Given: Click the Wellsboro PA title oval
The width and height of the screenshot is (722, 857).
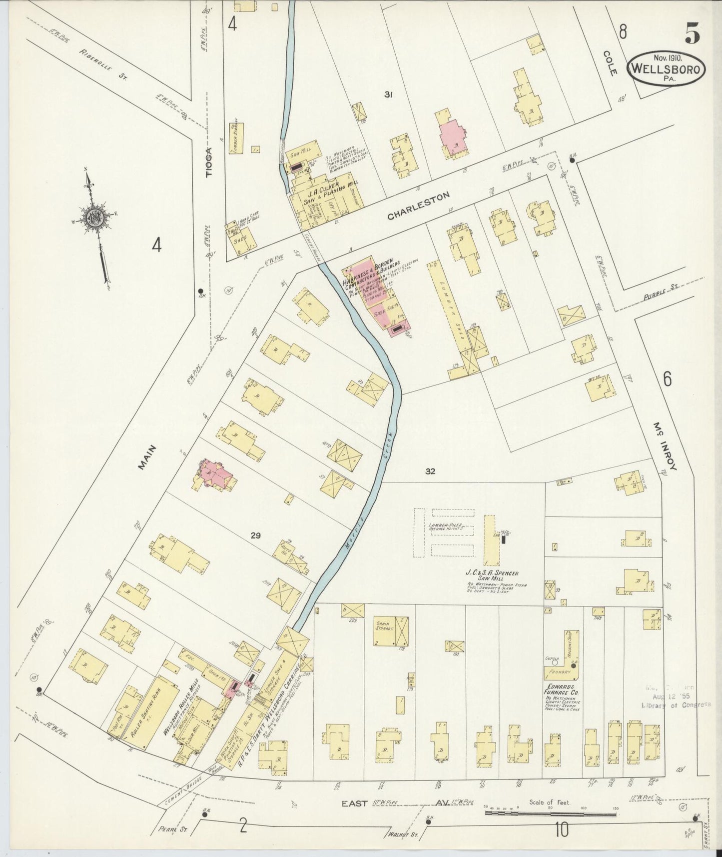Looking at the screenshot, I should coord(667,69).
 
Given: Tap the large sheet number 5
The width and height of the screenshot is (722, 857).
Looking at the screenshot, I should coord(692,34).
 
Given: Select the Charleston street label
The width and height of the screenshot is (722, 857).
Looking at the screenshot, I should coord(419,205).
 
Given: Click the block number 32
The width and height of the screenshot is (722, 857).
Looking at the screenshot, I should coord(430,471).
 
